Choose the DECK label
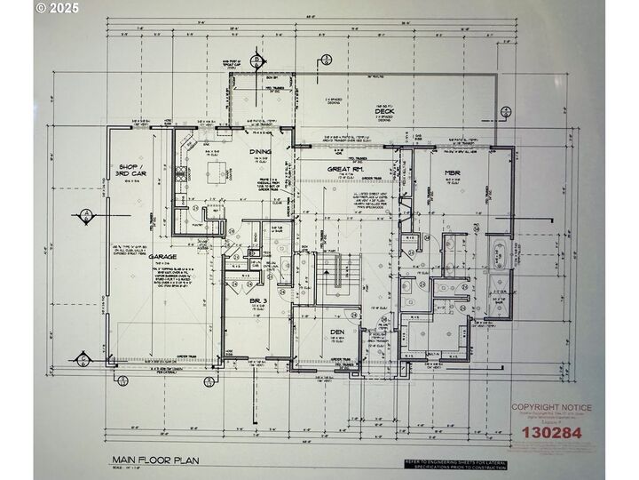coord(383,111)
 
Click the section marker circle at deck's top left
coord(255,60)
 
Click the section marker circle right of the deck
coord(505,113)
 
